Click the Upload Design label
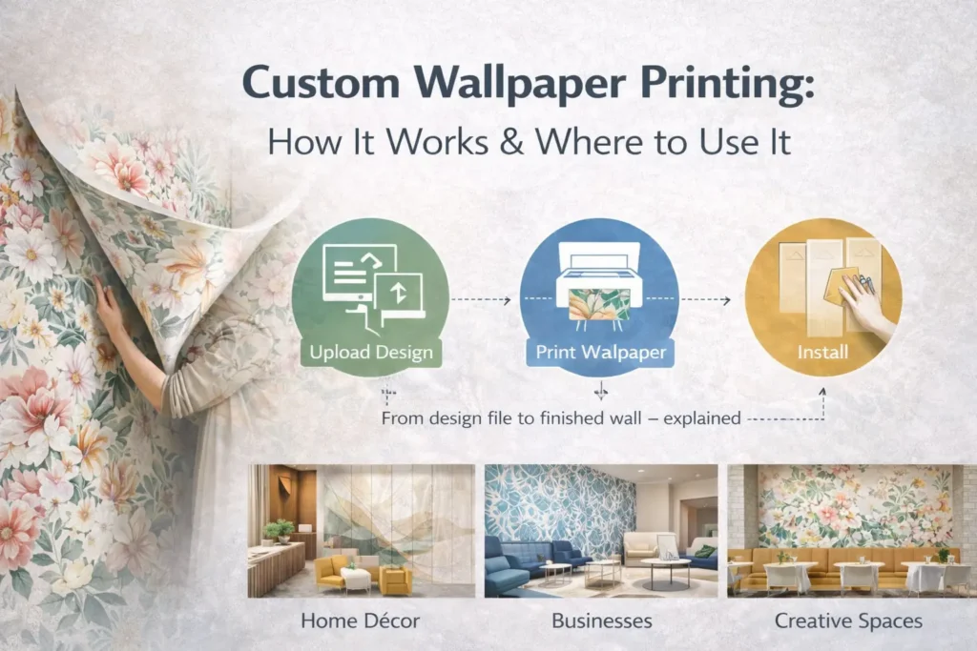tap(371, 353)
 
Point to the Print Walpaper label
tap(599, 352)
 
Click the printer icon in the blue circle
tap(599, 276)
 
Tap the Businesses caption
tap(602, 620)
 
